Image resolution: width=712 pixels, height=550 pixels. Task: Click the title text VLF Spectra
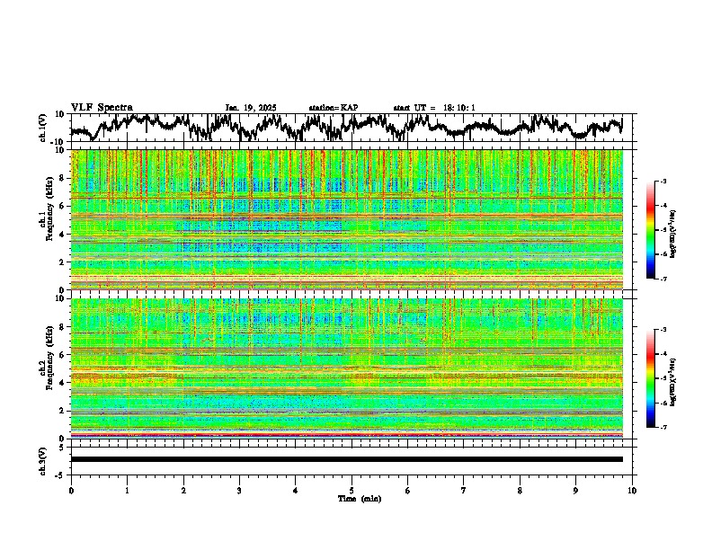point(102,108)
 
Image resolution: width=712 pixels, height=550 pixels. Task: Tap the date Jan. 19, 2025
point(250,108)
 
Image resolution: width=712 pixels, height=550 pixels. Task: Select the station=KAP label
point(333,108)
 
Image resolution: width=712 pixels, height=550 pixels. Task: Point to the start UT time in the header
point(433,108)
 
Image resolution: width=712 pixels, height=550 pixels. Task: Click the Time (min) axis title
point(359,498)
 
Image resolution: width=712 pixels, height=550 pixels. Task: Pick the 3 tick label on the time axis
point(239,490)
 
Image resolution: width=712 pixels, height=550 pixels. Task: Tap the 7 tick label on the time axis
point(463,490)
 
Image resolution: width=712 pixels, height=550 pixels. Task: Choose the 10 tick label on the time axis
point(632,490)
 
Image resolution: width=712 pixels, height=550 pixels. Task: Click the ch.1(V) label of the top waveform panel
point(43,128)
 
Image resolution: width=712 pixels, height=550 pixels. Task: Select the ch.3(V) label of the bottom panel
point(43,459)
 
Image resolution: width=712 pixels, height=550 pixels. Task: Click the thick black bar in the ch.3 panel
point(346,459)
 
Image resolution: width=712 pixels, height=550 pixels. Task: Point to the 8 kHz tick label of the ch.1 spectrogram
point(62,178)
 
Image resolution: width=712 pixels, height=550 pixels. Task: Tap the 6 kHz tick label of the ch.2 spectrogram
point(62,354)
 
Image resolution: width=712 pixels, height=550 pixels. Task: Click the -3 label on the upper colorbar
point(663,182)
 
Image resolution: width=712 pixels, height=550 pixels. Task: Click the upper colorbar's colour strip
point(651,230)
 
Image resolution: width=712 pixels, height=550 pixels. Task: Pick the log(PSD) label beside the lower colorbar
point(672,378)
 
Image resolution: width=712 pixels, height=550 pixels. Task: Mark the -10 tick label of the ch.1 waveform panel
point(58,142)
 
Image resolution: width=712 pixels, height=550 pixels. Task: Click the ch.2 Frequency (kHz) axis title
point(45,368)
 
